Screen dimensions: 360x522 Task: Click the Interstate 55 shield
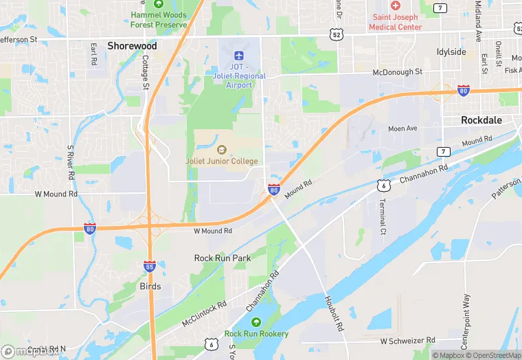149,266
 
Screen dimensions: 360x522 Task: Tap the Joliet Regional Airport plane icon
238,54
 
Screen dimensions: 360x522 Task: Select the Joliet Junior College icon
221,149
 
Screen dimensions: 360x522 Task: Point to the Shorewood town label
132,46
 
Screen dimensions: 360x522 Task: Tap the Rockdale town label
481,120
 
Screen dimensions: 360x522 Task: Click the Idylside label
451,52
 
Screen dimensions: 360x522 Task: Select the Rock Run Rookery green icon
256,322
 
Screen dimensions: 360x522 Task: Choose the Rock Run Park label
222,258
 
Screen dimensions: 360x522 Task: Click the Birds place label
150,286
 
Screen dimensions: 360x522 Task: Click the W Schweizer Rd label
407,341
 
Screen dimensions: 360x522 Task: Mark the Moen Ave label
402,128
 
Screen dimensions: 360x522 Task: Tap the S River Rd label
70,162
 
